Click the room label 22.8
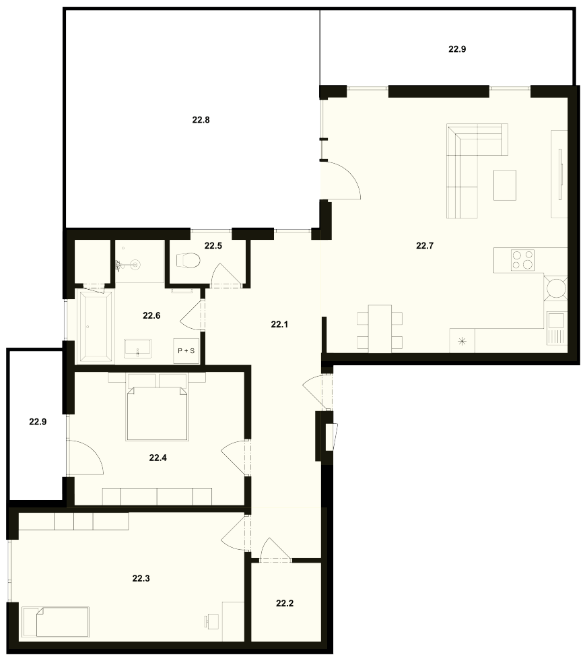point(201,120)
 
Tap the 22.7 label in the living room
point(425,246)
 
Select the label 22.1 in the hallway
point(279,325)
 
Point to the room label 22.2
point(285,604)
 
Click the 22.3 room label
point(141,579)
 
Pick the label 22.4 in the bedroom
point(158,458)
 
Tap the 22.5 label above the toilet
point(213,246)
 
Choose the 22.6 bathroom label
point(151,315)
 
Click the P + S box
point(186,350)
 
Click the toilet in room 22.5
point(188,260)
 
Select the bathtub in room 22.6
point(96,327)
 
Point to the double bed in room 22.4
point(156,414)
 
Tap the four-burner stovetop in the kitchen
point(522,259)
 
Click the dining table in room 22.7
point(380,329)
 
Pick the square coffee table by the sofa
point(505,185)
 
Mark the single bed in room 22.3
point(55,621)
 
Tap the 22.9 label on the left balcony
point(38,422)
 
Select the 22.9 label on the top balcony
point(457,49)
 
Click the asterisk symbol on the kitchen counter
point(462,341)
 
